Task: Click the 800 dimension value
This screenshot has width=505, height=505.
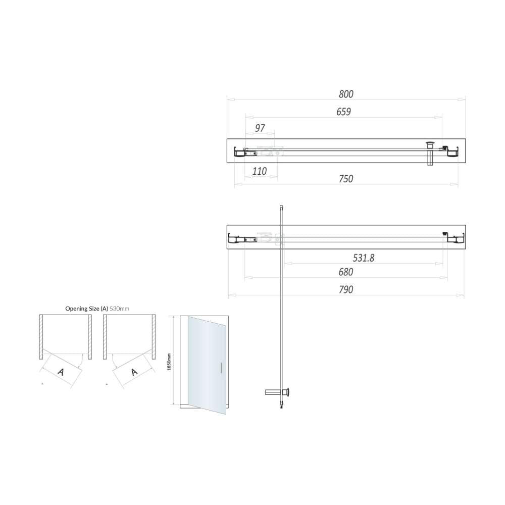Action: pyautogui.click(x=346, y=94)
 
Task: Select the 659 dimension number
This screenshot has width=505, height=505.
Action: pyautogui.click(x=343, y=112)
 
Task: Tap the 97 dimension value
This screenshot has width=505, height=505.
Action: pyautogui.click(x=260, y=128)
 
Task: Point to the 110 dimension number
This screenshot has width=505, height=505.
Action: pyautogui.click(x=259, y=171)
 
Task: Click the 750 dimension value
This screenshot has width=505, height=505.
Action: pyautogui.click(x=346, y=178)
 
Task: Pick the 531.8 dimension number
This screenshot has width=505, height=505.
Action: pyautogui.click(x=363, y=258)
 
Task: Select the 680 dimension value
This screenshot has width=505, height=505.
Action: pyautogui.click(x=346, y=272)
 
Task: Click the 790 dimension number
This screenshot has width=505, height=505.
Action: pyautogui.click(x=346, y=289)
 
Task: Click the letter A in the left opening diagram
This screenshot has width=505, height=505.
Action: pyautogui.click(x=61, y=372)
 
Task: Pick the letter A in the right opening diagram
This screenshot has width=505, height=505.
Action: pyautogui.click(x=134, y=372)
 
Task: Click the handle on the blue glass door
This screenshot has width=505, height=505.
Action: pyautogui.click(x=221, y=368)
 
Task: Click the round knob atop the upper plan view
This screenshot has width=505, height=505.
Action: pyautogui.click(x=431, y=144)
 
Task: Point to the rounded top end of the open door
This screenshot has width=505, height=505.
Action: pyautogui.click(x=281, y=207)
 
